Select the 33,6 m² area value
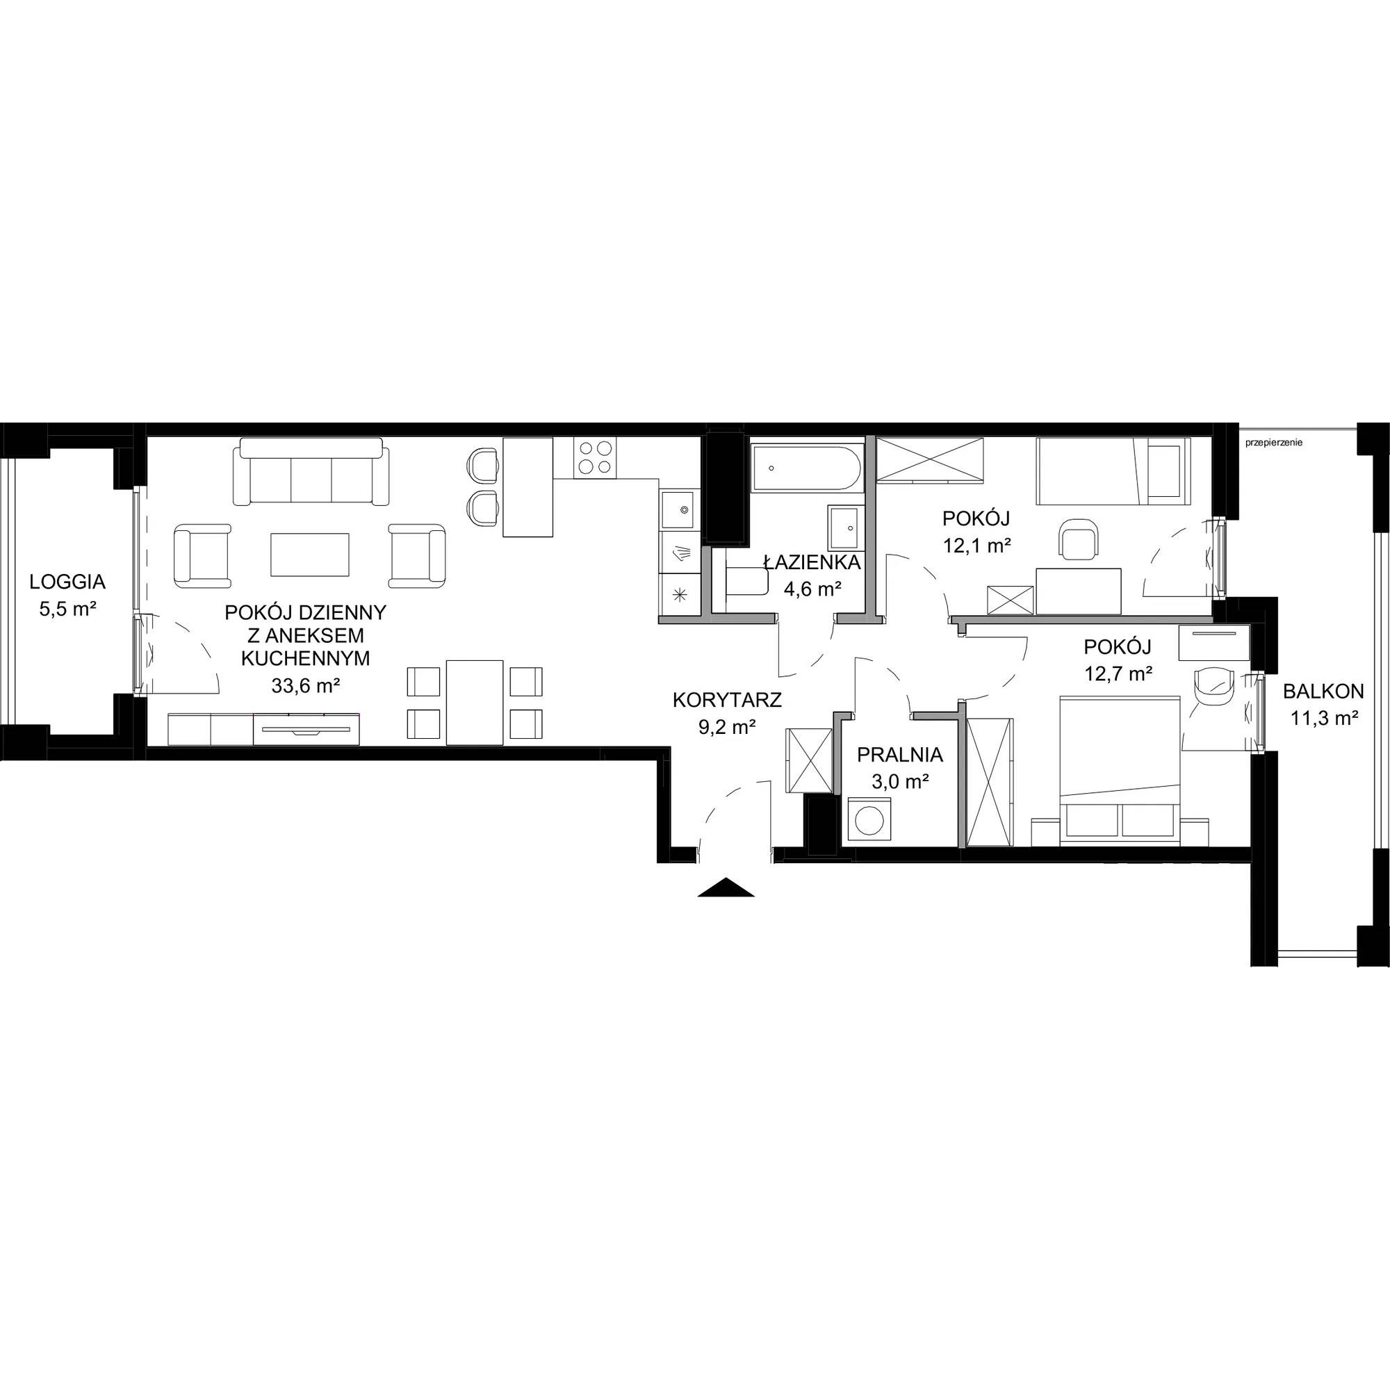(x=306, y=686)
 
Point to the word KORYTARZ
(x=727, y=699)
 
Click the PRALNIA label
(x=899, y=755)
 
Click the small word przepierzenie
(x=1273, y=443)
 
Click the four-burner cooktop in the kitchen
(x=596, y=456)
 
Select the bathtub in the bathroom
(x=806, y=469)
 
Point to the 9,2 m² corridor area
(x=727, y=728)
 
